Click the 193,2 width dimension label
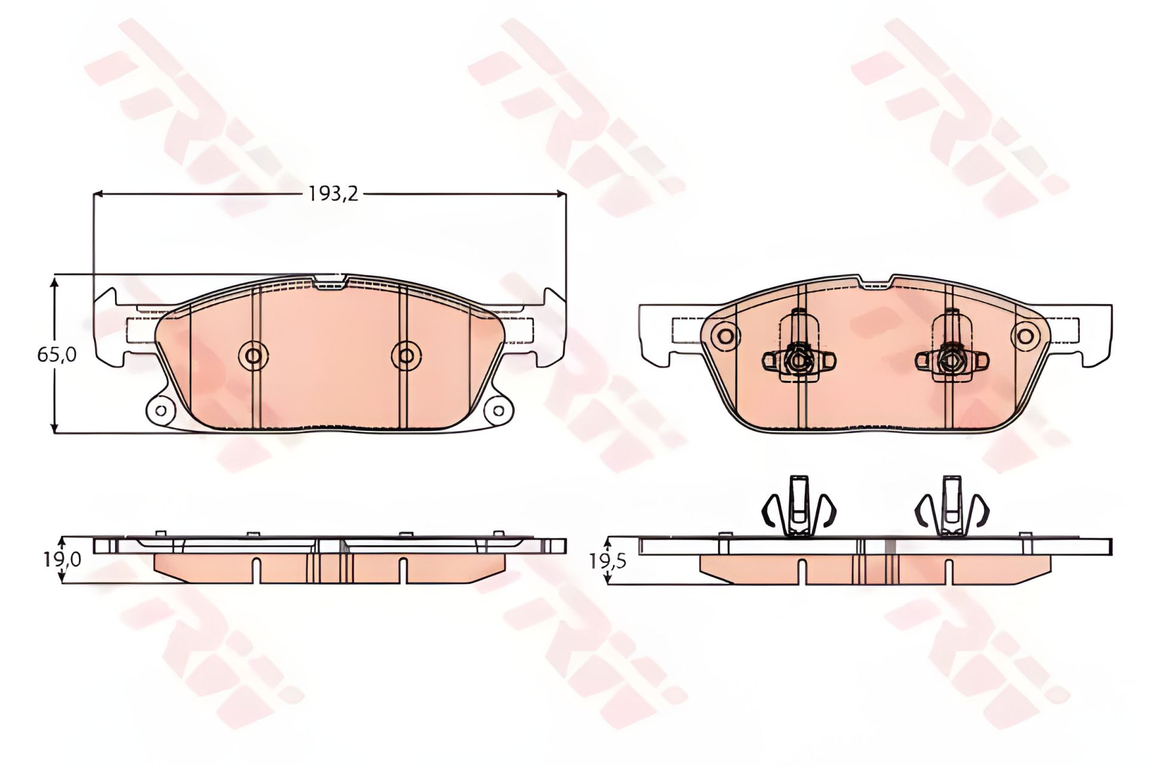tap(333, 193)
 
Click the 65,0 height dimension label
tap(57, 355)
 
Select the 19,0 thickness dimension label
tap(62, 560)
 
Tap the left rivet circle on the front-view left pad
tap(253, 356)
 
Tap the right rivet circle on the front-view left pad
tap(406, 356)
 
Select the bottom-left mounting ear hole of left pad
tap(160, 411)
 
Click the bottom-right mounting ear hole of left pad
tap(498, 411)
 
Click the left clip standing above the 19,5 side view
tap(799, 506)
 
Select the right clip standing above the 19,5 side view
tap(952, 506)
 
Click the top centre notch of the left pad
tap(329, 281)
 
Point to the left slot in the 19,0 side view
tap(256, 571)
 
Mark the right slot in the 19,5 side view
tap(949, 572)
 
